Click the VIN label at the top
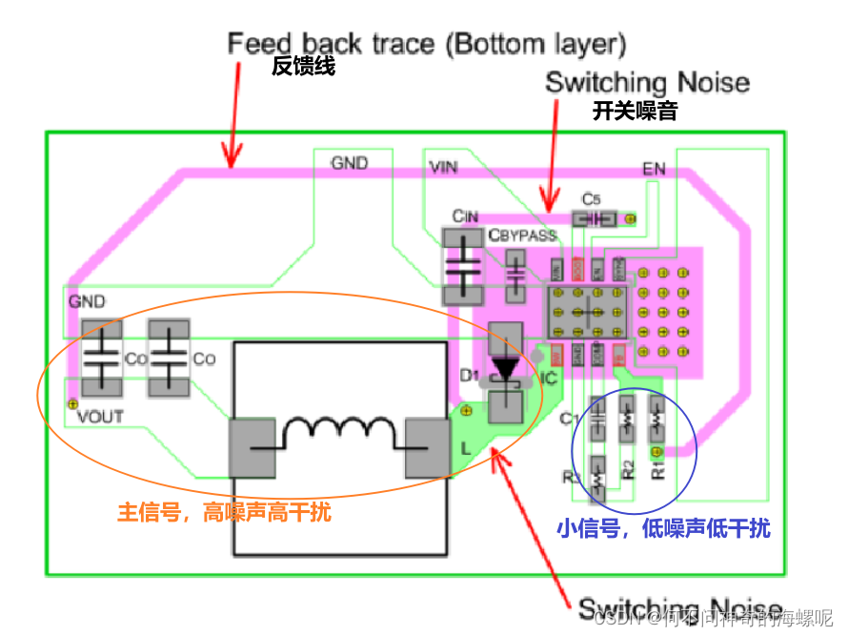444,169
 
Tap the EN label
654,170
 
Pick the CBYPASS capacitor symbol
515,277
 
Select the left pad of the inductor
254,447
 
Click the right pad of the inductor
426,447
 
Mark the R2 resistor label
628,468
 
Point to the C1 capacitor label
570,419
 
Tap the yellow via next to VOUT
71,404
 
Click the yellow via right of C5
629,219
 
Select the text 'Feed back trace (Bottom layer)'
426,43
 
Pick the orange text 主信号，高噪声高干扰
224,512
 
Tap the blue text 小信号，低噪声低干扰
663,527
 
